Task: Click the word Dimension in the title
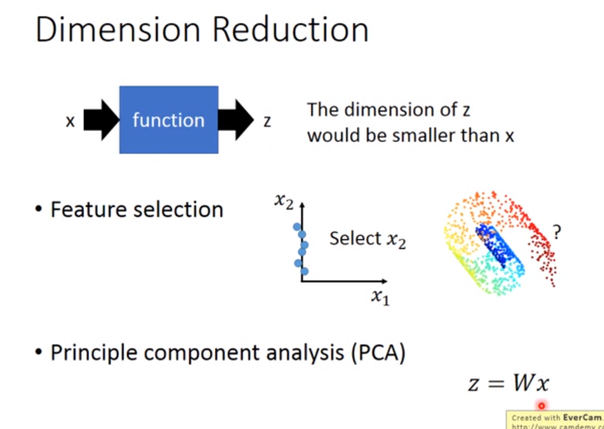click(x=114, y=30)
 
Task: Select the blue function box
click(x=168, y=120)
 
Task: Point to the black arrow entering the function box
click(x=101, y=120)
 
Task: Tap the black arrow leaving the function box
click(x=236, y=120)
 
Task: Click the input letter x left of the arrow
click(x=70, y=120)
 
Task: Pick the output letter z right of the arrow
click(x=267, y=120)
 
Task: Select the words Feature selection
click(x=137, y=209)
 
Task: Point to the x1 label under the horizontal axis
click(x=380, y=297)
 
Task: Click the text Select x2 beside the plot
click(x=367, y=239)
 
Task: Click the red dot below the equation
click(x=542, y=405)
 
